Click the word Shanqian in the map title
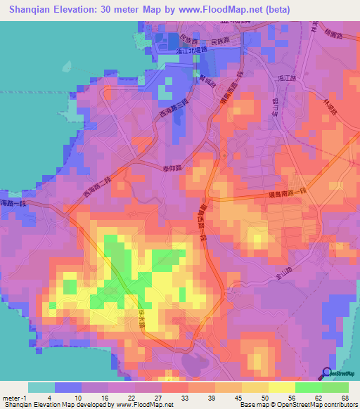point(34,9)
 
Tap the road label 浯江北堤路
point(193,51)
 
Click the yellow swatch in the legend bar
point(282,387)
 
